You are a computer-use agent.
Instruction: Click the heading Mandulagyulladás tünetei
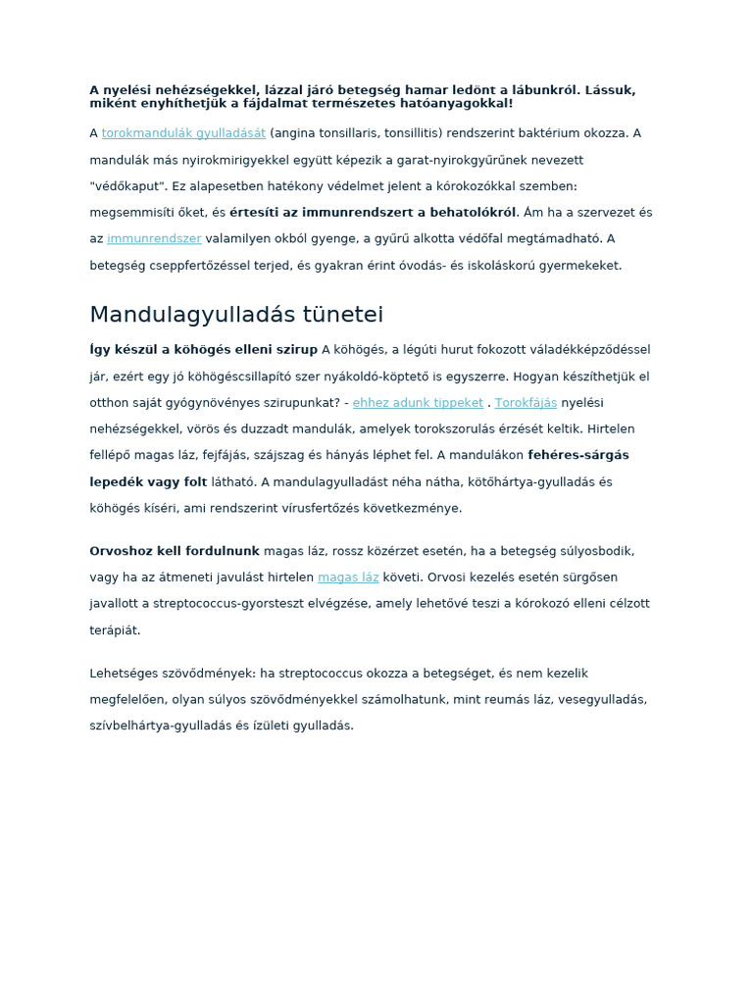click(x=236, y=315)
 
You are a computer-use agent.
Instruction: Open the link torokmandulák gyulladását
click(x=183, y=133)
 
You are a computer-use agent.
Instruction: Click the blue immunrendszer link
click(x=154, y=238)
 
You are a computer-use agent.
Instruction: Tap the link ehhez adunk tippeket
click(x=418, y=403)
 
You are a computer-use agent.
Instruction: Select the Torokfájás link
click(x=526, y=403)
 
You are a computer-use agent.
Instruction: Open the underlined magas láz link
click(x=348, y=577)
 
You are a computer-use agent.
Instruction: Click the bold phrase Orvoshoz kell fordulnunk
click(x=175, y=551)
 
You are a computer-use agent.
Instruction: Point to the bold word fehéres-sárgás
click(x=578, y=455)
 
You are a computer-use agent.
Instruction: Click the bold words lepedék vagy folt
click(x=148, y=482)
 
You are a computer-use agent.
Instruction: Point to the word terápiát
click(x=115, y=630)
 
